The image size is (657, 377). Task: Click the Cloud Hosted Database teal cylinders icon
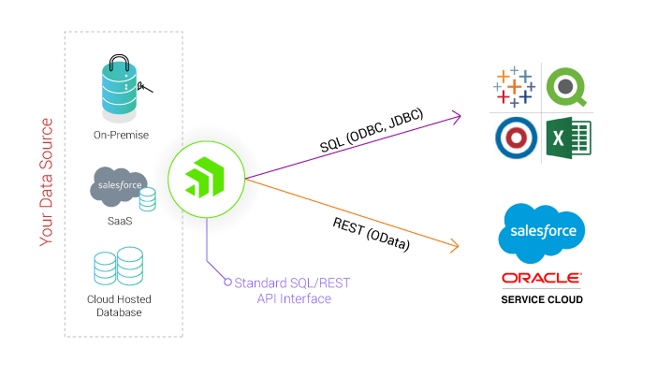pos(119,266)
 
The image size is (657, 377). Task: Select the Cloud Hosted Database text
pos(119,305)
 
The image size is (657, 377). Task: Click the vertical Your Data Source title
pos(46,181)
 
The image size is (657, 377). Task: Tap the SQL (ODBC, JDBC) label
pos(372,138)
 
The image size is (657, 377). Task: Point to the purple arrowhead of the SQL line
pos(457,116)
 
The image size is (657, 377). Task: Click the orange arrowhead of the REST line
pos(456,247)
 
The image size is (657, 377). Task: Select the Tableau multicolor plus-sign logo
pos(513,87)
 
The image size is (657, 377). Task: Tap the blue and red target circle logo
pos(514,139)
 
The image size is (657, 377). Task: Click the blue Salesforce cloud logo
pos(542,230)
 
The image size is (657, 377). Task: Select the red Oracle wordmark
pos(541,278)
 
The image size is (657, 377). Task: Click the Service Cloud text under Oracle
pos(541,299)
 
